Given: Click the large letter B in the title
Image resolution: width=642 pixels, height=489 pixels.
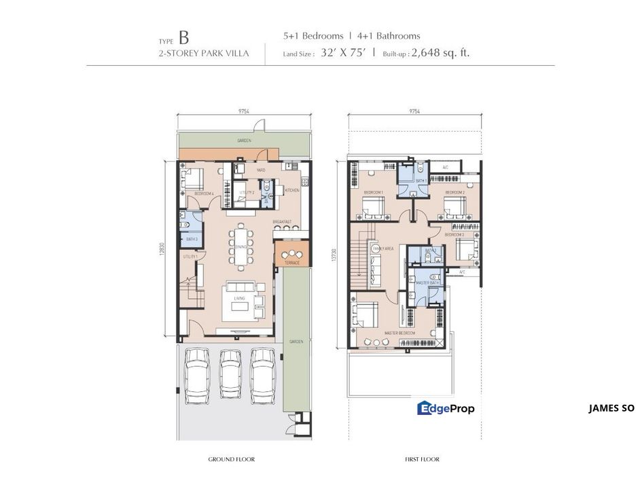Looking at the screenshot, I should click(184, 38).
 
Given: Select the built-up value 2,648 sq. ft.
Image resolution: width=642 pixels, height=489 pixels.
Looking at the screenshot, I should click(445, 52).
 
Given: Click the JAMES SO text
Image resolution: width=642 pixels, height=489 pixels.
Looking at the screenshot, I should click(611, 408).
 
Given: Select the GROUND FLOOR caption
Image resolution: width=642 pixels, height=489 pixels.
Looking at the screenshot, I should click(231, 460).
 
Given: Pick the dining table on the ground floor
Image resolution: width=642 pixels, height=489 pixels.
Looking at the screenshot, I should click(241, 246).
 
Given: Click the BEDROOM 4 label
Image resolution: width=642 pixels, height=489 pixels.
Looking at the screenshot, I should click(204, 194).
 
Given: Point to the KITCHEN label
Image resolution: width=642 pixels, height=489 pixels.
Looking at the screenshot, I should click(292, 190).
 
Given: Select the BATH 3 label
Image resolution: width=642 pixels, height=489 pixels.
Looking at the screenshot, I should click(191, 239).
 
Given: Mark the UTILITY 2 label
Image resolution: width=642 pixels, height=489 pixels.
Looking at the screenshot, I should click(247, 192).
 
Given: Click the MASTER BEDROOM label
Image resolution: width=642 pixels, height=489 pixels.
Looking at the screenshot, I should click(399, 333).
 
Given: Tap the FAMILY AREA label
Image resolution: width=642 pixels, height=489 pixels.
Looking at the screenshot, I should click(382, 249).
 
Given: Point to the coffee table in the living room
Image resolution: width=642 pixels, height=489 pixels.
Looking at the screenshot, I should click(240, 306).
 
